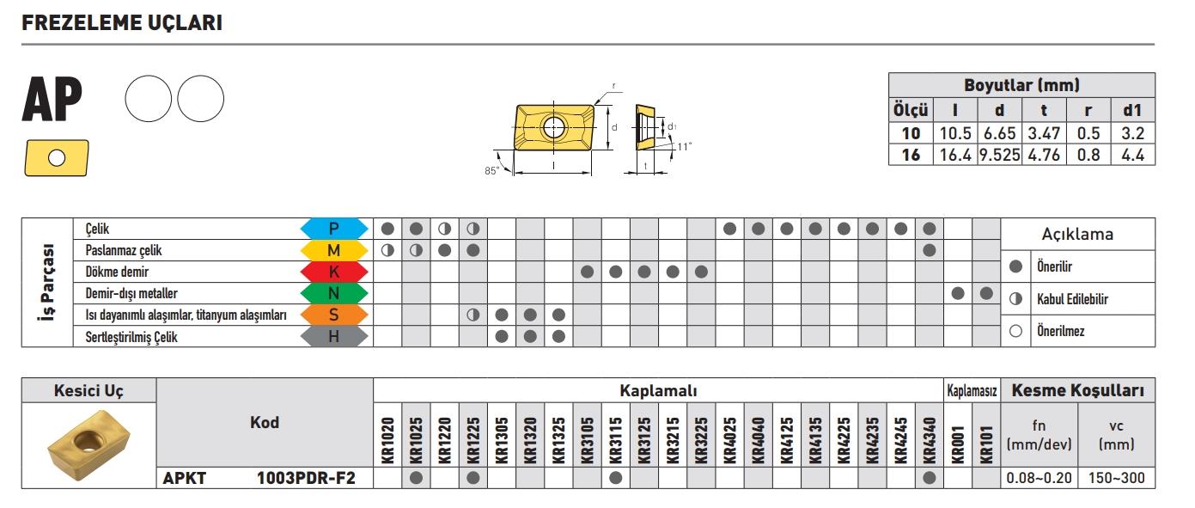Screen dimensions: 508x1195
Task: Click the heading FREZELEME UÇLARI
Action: tap(122, 23)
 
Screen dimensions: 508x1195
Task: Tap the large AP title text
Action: tap(52, 101)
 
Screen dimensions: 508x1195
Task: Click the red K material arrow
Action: tap(334, 272)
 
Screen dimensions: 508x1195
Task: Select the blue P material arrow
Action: tap(334, 229)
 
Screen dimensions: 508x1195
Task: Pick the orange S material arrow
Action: tap(334, 315)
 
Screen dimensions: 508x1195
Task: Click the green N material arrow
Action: tap(334, 293)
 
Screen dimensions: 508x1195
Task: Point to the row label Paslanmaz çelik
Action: tap(124, 251)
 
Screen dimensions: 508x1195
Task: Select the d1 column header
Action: tap(1132, 110)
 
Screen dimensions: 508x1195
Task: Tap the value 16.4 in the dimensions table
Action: tap(954, 155)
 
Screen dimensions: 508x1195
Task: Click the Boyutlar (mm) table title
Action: tap(1021, 85)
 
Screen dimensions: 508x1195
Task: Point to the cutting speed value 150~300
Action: tap(1116, 478)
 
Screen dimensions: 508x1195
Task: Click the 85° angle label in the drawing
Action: tap(491, 170)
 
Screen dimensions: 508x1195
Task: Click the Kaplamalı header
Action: tap(658, 391)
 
